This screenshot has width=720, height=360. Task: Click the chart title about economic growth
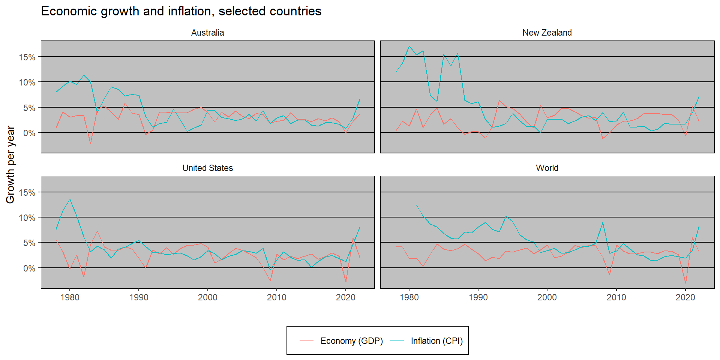[181, 11]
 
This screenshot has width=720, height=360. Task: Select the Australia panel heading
[207, 33]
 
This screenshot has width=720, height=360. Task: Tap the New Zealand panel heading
[547, 33]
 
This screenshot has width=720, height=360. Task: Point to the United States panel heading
[207, 168]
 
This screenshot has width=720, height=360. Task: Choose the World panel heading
[547, 168]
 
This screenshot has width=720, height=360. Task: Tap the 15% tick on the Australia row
[27, 57]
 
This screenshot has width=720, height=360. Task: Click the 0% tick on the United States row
[29, 268]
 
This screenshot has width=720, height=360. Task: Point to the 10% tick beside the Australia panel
[27, 82]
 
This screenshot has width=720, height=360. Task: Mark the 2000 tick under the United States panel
[207, 297]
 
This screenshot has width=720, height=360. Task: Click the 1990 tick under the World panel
[478, 297]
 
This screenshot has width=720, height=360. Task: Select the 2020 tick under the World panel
[685, 297]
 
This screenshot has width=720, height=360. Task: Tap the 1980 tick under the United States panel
[70, 297]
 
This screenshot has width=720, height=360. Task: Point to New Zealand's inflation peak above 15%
[409, 46]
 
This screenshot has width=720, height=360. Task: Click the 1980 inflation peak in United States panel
[70, 199]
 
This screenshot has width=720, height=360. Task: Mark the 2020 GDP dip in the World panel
[685, 283]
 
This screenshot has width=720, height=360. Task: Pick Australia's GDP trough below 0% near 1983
[90, 144]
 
